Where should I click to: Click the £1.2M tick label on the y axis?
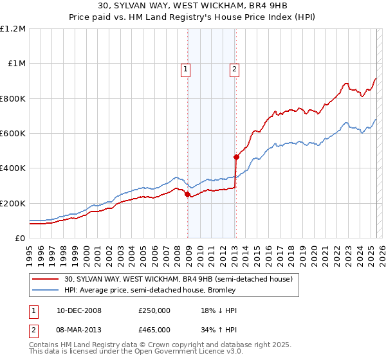click(13, 29)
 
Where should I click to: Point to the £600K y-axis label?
click(13, 134)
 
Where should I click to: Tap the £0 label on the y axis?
click(19, 239)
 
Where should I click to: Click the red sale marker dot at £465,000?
click(236, 156)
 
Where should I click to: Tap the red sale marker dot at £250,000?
click(188, 194)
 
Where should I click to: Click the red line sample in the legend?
click(46, 279)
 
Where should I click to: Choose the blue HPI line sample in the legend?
click(46, 290)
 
